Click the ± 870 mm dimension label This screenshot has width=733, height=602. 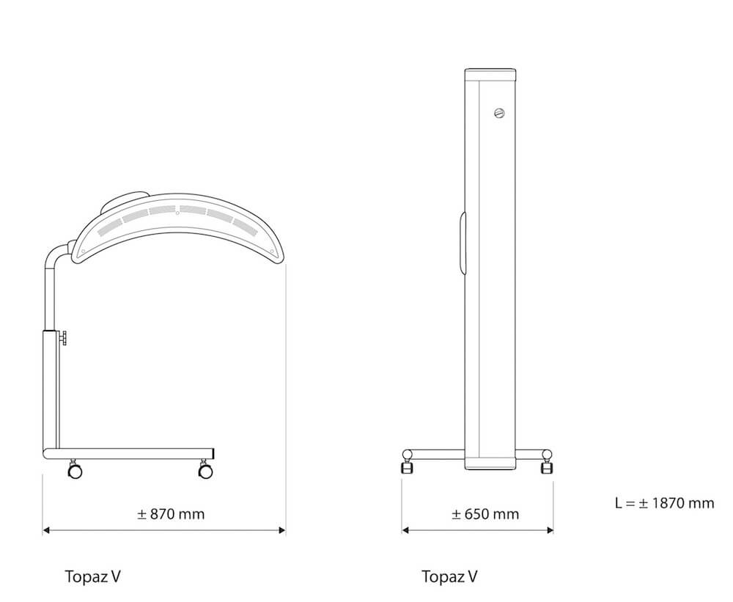click(x=171, y=514)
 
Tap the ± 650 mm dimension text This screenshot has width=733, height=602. click(x=485, y=514)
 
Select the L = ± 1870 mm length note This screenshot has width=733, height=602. click(x=664, y=503)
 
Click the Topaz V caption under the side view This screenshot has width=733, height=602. click(x=92, y=576)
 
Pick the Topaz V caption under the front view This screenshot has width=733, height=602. click(x=450, y=576)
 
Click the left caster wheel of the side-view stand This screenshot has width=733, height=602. click(x=74, y=469)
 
